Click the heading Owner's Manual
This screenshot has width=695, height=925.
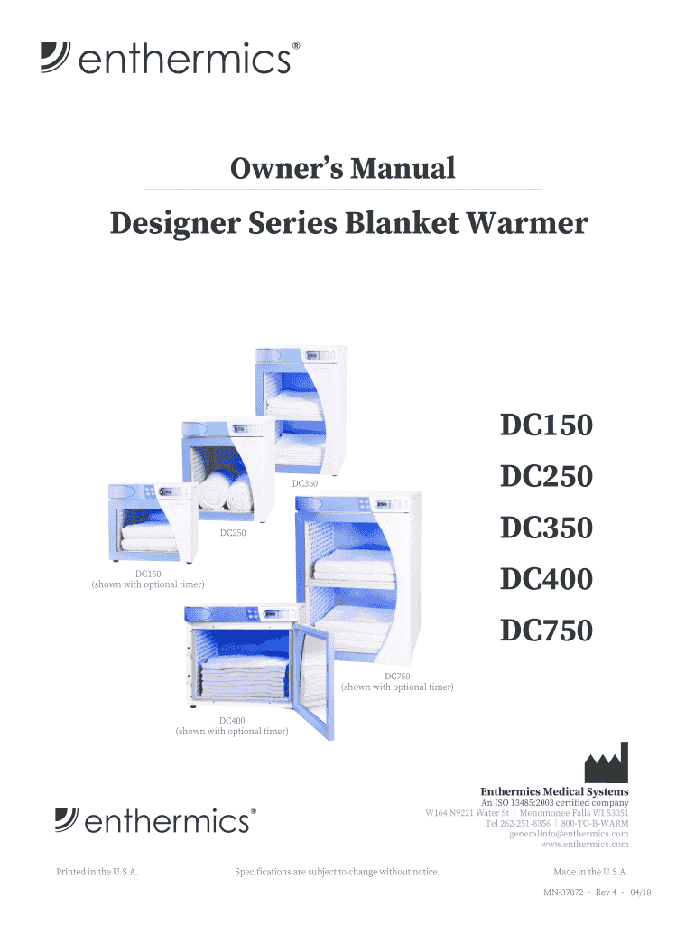tap(342, 168)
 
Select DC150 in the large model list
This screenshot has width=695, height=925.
tap(547, 425)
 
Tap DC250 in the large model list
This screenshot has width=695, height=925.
tap(547, 476)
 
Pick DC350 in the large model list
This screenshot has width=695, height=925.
tap(547, 528)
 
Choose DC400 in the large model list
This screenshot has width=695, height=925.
tap(547, 579)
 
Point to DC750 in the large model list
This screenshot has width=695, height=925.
tap(547, 631)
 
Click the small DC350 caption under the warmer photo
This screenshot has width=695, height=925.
tap(305, 484)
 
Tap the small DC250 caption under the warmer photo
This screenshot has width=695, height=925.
tap(234, 533)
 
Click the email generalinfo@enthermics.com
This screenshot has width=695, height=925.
tap(569, 834)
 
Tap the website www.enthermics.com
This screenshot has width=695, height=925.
tap(584, 844)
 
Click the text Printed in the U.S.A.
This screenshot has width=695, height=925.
tap(97, 872)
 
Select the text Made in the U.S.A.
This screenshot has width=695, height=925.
tap(590, 872)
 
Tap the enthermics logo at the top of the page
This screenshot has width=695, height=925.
tap(168, 60)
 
